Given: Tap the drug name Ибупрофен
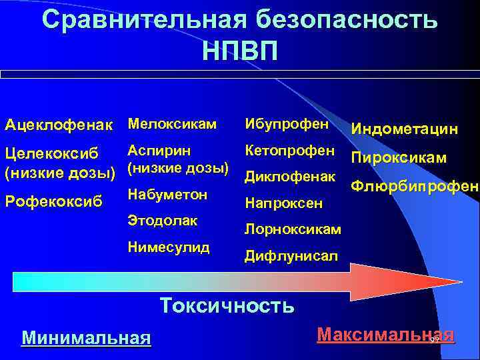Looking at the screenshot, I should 287,124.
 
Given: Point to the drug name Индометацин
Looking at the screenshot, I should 405,128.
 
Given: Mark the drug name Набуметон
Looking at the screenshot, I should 167,195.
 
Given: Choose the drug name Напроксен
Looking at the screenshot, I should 284,202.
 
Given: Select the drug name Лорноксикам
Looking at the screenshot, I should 293,229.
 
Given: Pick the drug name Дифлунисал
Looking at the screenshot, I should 291,255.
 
